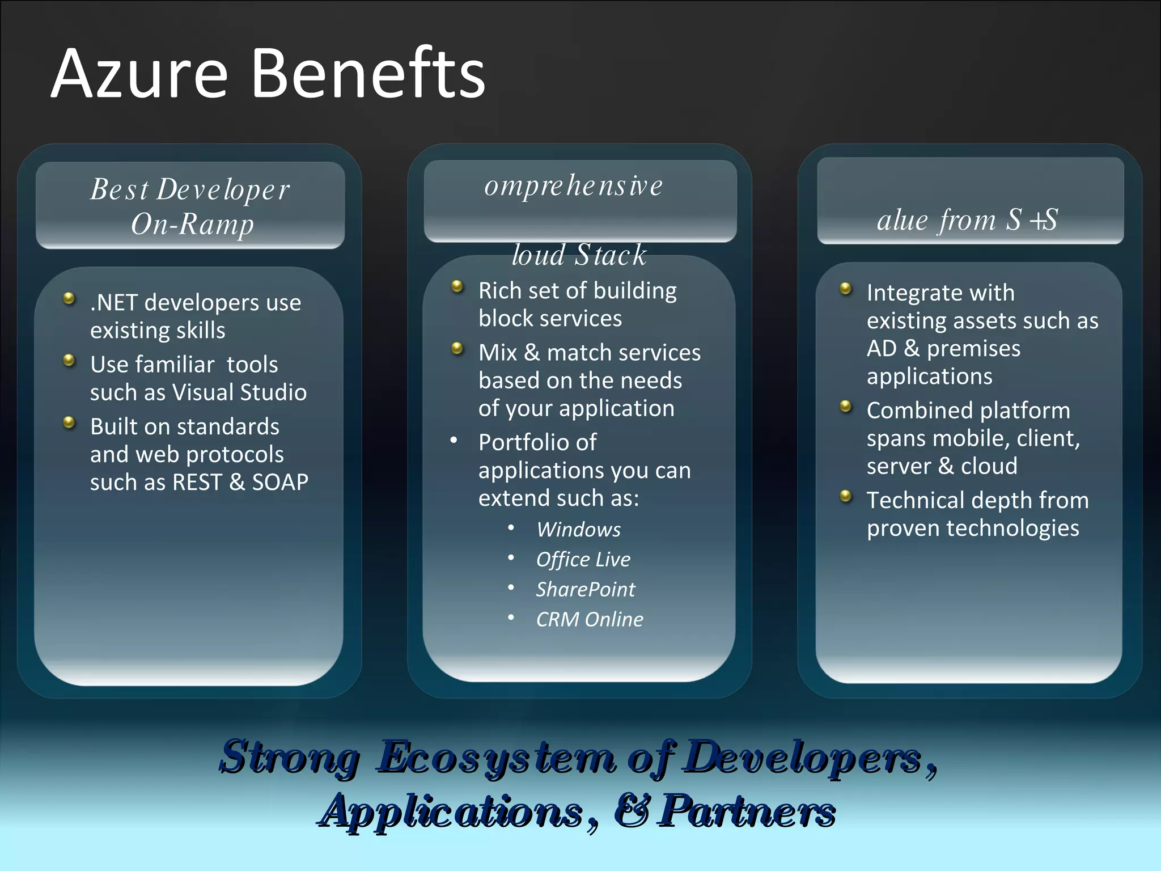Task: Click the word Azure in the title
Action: click(139, 74)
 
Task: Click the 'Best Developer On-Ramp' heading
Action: click(190, 206)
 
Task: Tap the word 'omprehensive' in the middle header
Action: click(573, 186)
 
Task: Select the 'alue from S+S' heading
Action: click(967, 220)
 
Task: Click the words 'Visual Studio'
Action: click(239, 392)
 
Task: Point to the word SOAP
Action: click(280, 483)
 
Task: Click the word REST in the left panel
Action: click(197, 483)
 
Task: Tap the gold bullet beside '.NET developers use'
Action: click(69, 298)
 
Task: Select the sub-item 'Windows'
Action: click(578, 530)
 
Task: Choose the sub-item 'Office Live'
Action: click(583, 560)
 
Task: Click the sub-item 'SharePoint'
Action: click(585, 590)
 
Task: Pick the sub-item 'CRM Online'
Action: click(590, 620)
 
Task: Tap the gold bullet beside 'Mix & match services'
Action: click(457, 348)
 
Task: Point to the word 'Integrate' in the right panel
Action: click(912, 293)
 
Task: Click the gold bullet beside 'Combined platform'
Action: click(846, 407)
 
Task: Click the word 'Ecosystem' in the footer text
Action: click(496, 757)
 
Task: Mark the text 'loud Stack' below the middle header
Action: click(579, 255)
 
